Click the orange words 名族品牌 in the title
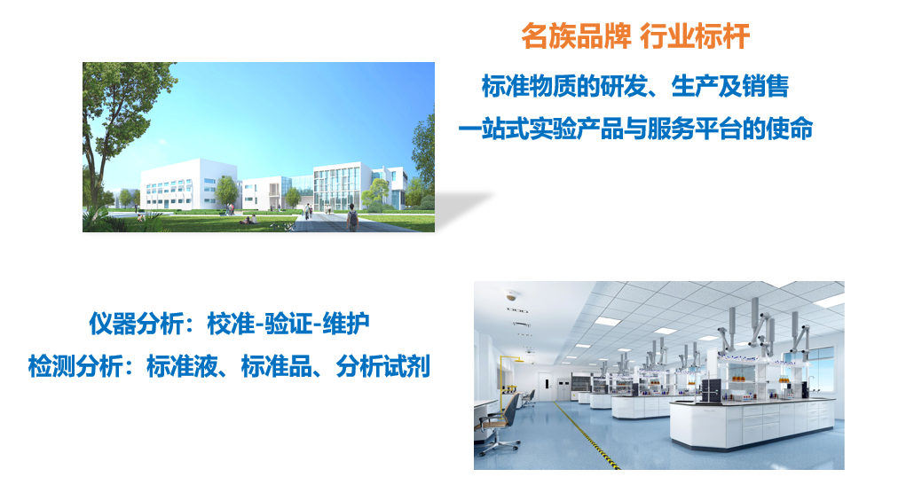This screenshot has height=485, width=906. tap(576, 36)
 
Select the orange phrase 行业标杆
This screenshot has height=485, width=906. tap(695, 36)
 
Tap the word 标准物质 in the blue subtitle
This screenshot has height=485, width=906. tap(529, 87)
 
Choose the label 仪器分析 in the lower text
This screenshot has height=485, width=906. tap(136, 324)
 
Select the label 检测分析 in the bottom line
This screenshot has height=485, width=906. tap(75, 366)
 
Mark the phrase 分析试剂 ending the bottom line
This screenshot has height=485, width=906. tap(383, 366)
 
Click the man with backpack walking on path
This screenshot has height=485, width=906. tap(352, 217)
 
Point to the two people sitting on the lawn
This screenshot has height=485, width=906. tap(249, 220)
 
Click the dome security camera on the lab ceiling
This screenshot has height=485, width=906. tap(511, 295)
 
